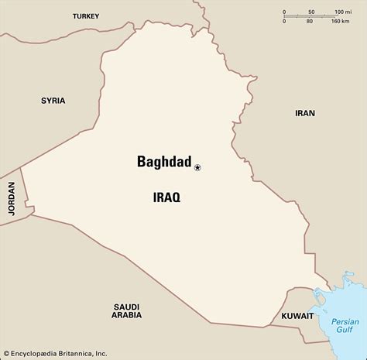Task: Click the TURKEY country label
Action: (x=86, y=15)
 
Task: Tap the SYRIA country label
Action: (x=53, y=101)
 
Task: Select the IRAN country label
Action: (x=305, y=113)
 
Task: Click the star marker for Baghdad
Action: (x=197, y=167)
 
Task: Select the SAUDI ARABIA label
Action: (x=125, y=309)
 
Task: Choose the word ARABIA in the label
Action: (x=125, y=315)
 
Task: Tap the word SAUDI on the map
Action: (x=125, y=303)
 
